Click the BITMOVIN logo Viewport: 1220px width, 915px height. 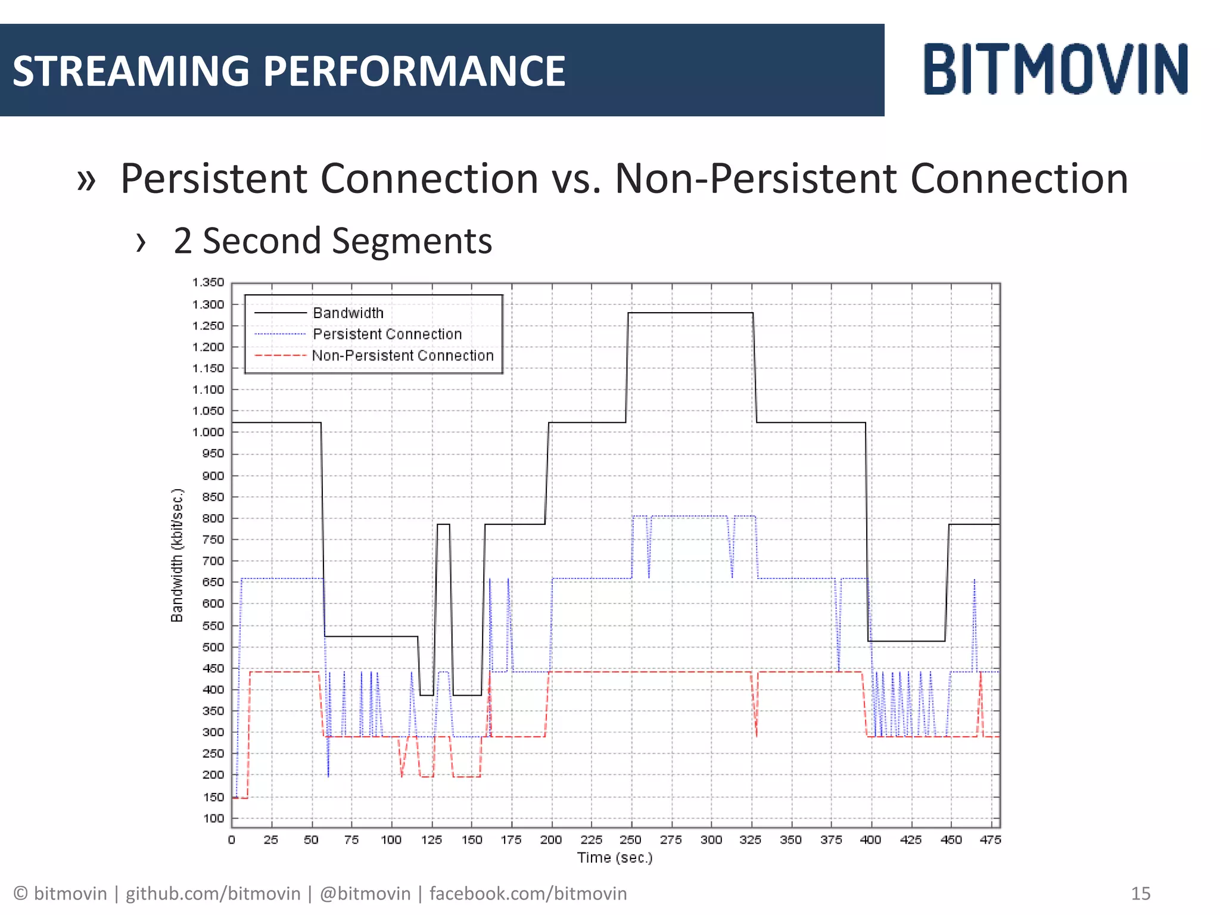(1055, 69)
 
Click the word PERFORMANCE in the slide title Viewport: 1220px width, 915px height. (414, 71)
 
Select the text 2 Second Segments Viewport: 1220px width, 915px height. (332, 241)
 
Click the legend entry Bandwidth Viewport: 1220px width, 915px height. (348, 313)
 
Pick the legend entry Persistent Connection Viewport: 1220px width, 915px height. (387, 334)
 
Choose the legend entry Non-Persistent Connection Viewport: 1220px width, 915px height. (403, 356)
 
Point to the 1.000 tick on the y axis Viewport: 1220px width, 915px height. (208, 432)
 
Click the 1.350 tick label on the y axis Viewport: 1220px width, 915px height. (208, 282)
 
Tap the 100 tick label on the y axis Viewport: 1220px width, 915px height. (213, 818)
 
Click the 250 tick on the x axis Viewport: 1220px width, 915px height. (630, 840)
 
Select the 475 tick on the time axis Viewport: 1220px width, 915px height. (990, 840)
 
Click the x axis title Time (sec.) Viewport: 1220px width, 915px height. (615, 858)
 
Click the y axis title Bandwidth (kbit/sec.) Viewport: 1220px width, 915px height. (177, 555)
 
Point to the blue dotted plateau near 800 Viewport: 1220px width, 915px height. (688, 516)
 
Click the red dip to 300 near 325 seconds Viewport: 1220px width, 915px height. (756, 734)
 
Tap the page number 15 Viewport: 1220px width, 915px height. (1140, 894)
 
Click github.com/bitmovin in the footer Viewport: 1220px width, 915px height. (213, 894)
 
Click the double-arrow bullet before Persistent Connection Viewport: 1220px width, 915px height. (86, 180)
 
